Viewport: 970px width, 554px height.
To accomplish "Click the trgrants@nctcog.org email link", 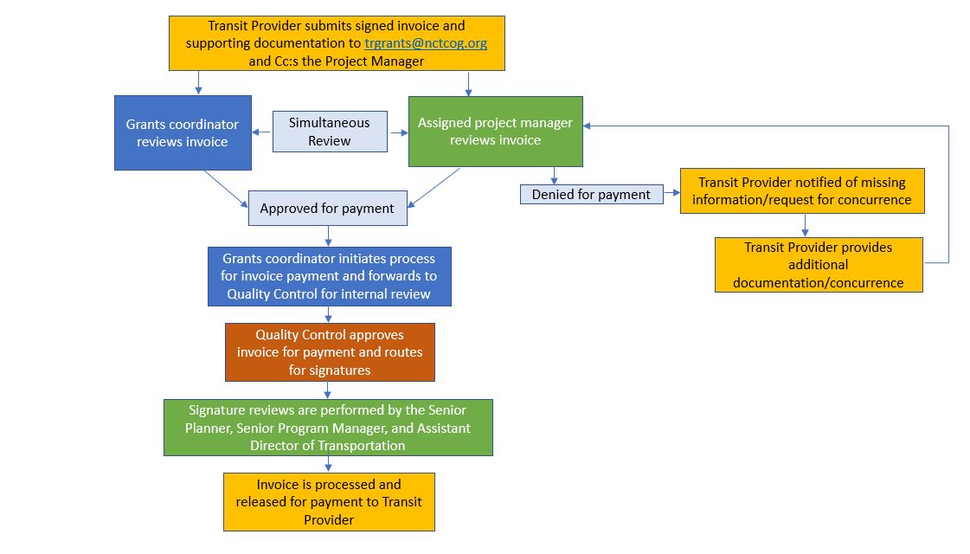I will click(x=426, y=43).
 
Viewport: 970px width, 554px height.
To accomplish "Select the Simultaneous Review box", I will click(x=330, y=132).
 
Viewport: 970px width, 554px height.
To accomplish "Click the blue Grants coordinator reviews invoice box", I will click(x=183, y=132).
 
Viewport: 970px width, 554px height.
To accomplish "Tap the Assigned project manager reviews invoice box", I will click(x=495, y=132).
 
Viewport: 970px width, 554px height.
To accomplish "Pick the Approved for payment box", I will click(x=327, y=208).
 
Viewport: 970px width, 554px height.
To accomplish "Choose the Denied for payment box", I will click(x=591, y=195).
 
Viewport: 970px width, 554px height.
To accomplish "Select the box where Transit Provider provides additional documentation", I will click(x=818, y=265).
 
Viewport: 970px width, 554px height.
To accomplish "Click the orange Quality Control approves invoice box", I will click(x=329, y=352).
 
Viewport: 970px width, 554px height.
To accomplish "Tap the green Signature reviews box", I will click(x=328, y=427).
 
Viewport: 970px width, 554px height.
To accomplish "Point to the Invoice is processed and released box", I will click(x=329, y=501).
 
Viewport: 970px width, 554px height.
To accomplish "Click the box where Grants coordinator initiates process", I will click(x=329, y=276).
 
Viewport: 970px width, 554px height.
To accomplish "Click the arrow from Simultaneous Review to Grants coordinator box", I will click(x=262, y=132).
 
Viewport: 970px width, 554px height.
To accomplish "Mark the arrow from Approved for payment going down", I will click(x=328, y=236).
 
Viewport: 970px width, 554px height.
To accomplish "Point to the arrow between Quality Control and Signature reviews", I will click(x=328, y=390).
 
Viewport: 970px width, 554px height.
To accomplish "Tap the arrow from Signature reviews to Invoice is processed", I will click(x=328, y=464).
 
